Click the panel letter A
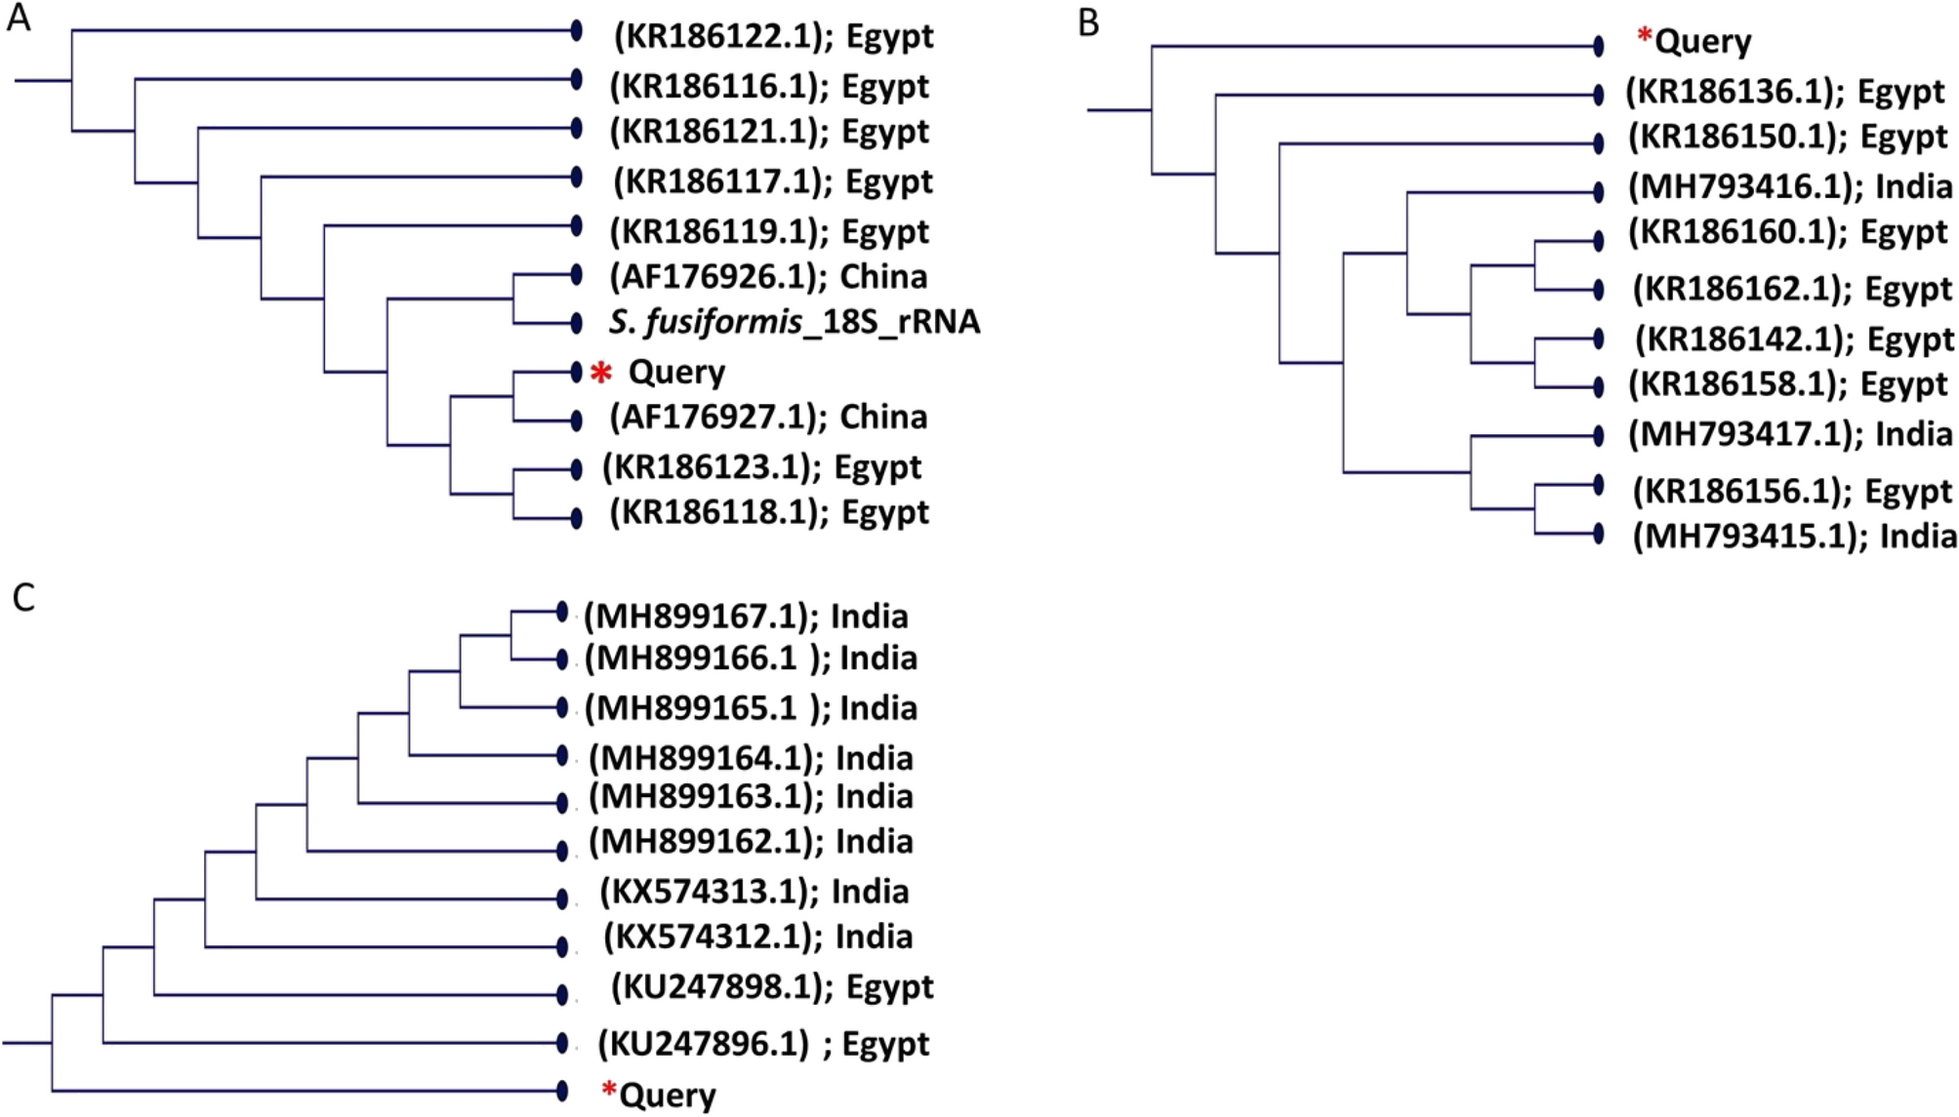(x=18, y=19)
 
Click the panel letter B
(x=1088, y=21)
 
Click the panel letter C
(x=23, y=597)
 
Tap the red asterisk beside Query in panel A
(x=601, y=374)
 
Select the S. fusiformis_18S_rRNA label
(x=794, y=322)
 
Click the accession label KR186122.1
(x=772, y=36)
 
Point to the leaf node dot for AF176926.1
(x=577, y=275)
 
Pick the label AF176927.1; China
(x=768, y=418)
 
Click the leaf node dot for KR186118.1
(x=577, y=517)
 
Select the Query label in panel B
(x=1702, y=42)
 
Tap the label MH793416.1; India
(x=1790, y=186)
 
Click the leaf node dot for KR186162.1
(x=1598, y=290)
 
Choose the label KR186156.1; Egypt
(x=1792, y=491)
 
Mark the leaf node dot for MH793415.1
(x=1598, y=534)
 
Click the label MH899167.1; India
(x=746, y=617)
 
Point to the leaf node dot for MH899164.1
(x=562, y=755)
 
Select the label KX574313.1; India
(x=754, y=892)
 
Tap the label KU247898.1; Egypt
(x=771, y=987)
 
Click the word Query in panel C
(x=668, y=1096)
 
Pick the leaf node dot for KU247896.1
(x=562, y=1043)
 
